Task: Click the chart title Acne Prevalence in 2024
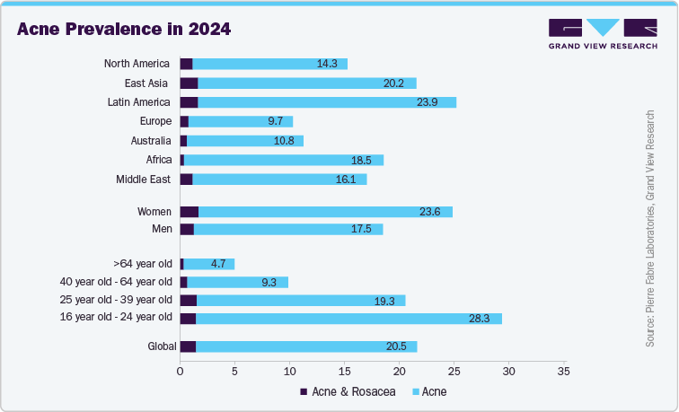pos(124,29)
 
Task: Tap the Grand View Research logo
pos(602,35)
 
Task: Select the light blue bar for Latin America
pos(327,102)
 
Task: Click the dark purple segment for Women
pos(190,212)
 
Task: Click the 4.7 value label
pos(219,264)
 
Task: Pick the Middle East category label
pos(143,180)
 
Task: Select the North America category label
pos(137,64)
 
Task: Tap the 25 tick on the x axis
pos(454,370)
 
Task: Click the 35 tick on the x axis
pos(563,370)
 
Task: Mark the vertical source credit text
pos(650,230)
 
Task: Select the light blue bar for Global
pos(306,346)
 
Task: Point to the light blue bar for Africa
pos(283,160)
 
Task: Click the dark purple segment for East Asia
pos(189,83)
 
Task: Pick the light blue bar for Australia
pos(245,141)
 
